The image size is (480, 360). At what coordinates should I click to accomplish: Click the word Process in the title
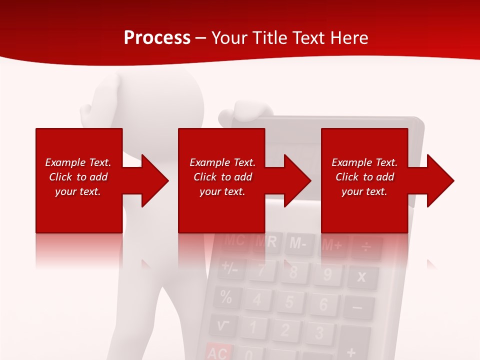tap(157, 38)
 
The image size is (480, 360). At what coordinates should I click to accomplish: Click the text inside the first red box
tap(78, 177)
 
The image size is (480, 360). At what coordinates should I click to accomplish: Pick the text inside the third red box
tap(364, 177)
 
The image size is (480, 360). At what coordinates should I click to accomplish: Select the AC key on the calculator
tap(218, 352)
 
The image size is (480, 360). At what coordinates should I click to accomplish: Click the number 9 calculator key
tap(327, 274)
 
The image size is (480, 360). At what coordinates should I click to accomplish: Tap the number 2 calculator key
tap(285, 330)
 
